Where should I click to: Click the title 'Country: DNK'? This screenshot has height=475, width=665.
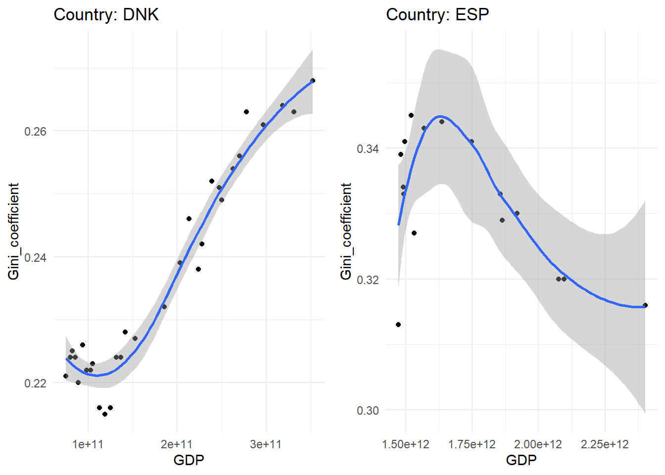(x=106, y=15)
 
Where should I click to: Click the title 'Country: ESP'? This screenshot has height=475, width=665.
(x=437, y=15)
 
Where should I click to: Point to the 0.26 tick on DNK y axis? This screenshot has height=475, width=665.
(x=35, y=132)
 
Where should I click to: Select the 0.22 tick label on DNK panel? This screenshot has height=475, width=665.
(x=35, y=383)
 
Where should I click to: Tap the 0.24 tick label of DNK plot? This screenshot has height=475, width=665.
(x=35, y=258)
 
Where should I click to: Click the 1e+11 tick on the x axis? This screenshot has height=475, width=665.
(x=88, y=444)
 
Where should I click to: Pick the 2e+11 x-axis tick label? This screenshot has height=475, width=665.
(x=177, y=444)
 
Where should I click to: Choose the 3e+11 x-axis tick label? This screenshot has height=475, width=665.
(x=266, y=444)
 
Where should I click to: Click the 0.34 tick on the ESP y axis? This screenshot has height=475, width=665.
(x=368, y=149)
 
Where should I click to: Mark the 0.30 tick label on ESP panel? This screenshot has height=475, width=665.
(x=368, y=411)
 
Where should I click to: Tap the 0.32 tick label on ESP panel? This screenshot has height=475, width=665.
(x=368, y=280)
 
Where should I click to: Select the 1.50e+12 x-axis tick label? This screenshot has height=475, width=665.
(x=406, y=444)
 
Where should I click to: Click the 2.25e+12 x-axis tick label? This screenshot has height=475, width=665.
(x=605, y=444)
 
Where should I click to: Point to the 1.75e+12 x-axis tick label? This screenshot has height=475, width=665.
(x=472, y=444)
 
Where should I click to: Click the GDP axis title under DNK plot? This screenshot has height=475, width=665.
(x=189, y=460)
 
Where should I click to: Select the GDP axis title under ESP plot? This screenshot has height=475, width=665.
(x=521, y=460)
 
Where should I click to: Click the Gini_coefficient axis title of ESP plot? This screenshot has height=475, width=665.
(x=346, y=231)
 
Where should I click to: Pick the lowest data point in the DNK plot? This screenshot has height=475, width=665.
(x=105, y=414)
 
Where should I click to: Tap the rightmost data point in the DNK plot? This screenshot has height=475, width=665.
(x=313, y=81)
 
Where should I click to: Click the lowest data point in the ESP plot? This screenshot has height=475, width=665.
(x=398, y=325)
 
